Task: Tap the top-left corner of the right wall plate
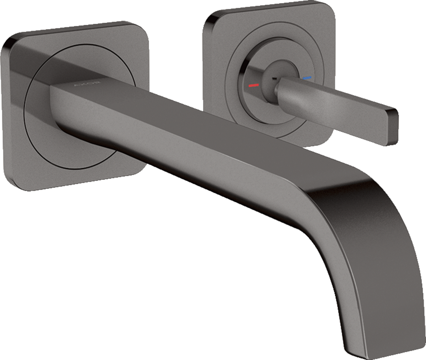pos(209,18)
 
